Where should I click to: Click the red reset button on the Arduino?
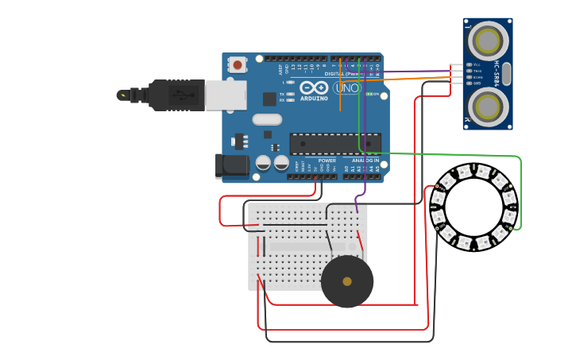237,64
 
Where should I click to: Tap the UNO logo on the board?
346,87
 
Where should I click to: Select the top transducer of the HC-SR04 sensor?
487,41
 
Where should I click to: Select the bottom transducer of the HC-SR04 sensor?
487,106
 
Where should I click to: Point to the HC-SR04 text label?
497,73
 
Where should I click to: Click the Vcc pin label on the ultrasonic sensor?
476,64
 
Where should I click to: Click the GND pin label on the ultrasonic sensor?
476,83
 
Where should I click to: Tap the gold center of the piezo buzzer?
347,281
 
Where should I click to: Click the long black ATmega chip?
334,144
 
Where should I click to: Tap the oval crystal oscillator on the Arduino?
267,120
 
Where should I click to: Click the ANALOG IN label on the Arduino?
365,160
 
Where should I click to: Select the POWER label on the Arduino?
327,160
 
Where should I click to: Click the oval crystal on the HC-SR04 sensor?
506,73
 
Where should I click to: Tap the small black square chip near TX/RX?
269,99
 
